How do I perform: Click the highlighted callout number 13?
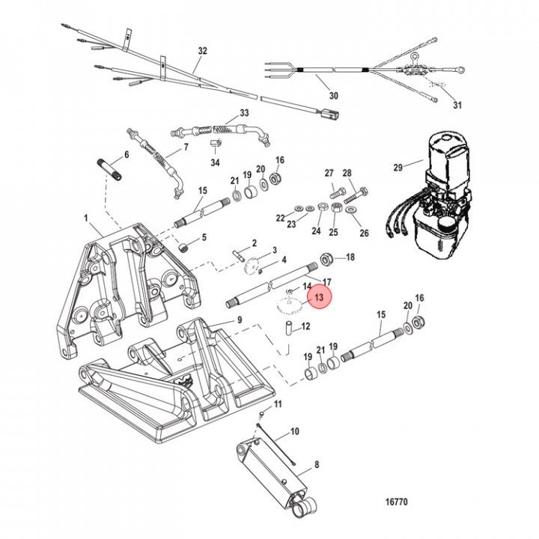320,298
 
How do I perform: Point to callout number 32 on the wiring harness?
202,52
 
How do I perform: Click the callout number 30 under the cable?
333,96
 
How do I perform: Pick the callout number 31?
458,104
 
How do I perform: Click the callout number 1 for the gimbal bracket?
87,219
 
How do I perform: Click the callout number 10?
294,431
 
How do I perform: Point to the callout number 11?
278,404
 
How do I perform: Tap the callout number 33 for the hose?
243,113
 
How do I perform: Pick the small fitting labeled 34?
215,144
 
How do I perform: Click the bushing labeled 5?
181,248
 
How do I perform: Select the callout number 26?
365,234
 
